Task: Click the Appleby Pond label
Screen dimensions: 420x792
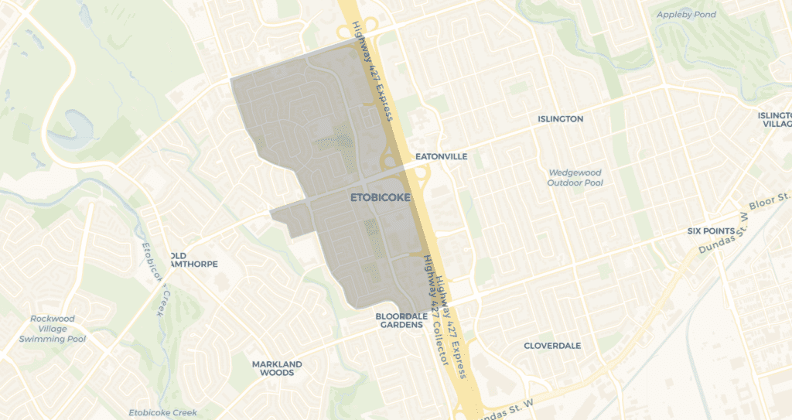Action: [686, 15]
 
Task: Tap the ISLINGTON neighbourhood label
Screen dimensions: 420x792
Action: [561, 119]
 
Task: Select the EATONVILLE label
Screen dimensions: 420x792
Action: [442, 156]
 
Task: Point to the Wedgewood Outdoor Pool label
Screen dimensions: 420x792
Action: [575, 178]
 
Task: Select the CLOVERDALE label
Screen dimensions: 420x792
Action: [552, 346]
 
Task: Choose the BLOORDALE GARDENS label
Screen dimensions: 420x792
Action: [399, 320]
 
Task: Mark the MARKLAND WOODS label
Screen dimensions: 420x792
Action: [277, 368]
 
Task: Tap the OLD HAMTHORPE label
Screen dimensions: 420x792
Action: [193, 259]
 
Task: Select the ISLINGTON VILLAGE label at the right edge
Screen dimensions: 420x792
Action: [775, 119]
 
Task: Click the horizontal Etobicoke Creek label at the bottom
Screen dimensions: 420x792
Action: [162, 412]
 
